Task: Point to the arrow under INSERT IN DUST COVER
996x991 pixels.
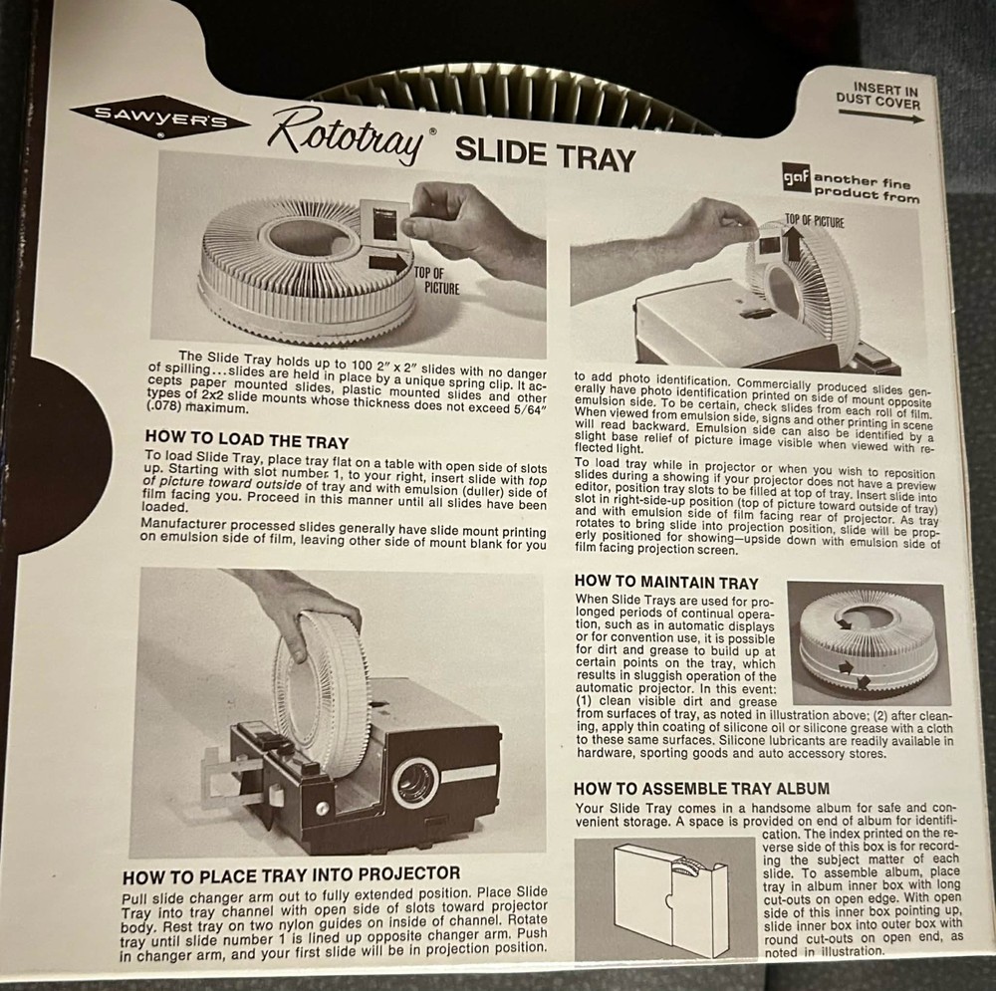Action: tap(880, 116)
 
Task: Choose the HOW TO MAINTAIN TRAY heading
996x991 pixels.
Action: tap(666, 583)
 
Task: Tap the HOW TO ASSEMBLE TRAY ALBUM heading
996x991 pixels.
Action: tap(702, 788)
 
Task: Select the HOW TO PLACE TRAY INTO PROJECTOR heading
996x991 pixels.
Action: tap(291, 877)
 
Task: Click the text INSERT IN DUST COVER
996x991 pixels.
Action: tap(878, 95)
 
